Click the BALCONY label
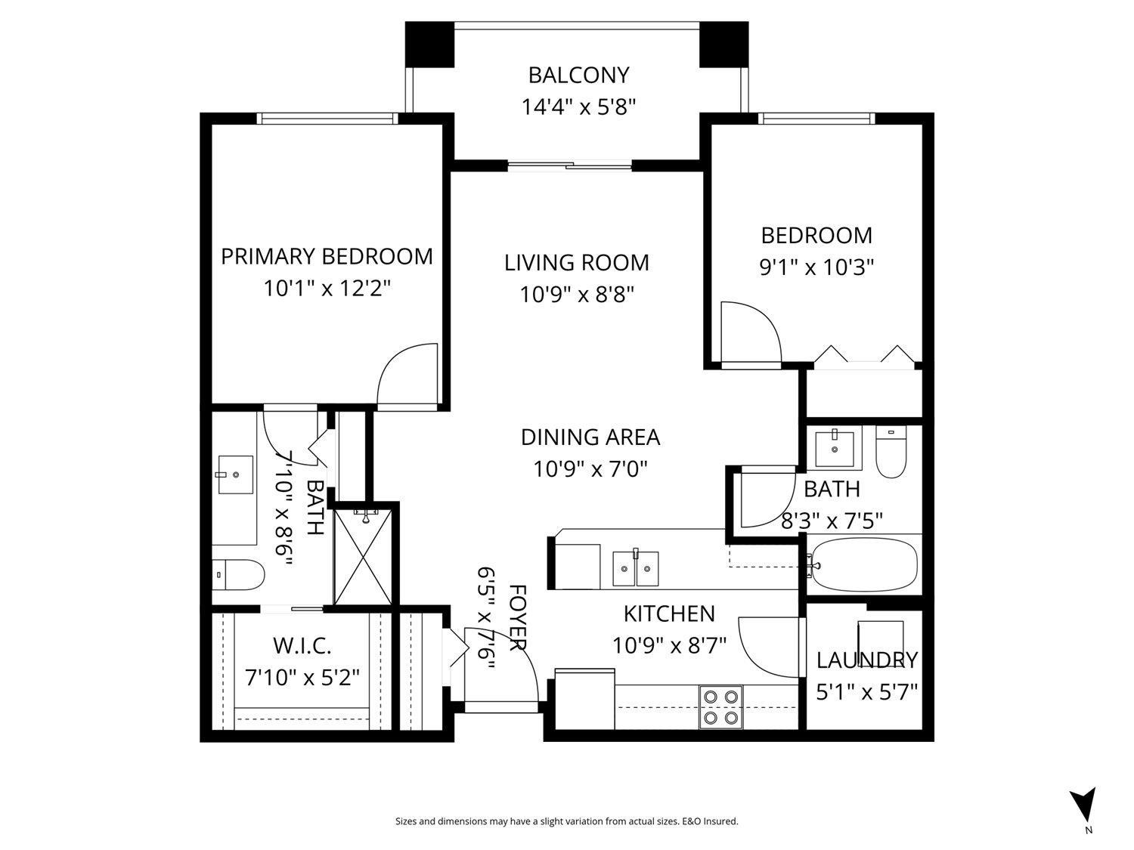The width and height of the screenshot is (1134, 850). point(578,76)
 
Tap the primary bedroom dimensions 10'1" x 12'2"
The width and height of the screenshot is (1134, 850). point(327,289)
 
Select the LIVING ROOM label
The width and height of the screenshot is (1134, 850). point(577,263)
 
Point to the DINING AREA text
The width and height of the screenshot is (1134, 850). point(590,437)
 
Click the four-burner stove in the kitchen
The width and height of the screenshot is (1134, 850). point(721,706)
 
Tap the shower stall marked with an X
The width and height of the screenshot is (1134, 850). point(364,556)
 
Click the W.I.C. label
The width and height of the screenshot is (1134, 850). point(302,647)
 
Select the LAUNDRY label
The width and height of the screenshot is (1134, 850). point(866,660)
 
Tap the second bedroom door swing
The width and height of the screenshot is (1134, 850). point(750,332)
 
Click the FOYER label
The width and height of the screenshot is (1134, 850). point(517,617)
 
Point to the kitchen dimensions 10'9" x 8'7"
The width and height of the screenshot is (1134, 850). point(669,645)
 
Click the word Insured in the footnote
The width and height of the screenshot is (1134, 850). point(721,821)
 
